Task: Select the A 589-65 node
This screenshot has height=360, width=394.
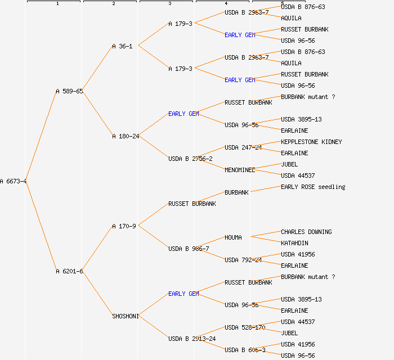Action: (69, 91)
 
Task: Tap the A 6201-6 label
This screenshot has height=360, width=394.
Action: (69, 271)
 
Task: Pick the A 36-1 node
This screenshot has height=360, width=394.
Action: (122, 46)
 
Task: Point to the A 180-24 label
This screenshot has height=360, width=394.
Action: (126, 136)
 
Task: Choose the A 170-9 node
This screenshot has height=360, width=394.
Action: (124, 226)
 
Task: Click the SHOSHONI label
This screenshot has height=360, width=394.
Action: (126, 316)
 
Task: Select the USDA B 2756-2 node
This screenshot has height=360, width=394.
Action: (190, 159)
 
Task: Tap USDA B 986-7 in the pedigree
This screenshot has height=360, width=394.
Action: (189, 249)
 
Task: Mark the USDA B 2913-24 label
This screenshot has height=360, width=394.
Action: (192, 339)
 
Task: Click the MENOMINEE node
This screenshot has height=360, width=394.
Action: (240, 170)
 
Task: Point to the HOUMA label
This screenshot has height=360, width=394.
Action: (233, 237)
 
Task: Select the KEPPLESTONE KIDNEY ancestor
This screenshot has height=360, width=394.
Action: (311, 142)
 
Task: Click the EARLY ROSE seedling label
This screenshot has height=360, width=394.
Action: (313, 187)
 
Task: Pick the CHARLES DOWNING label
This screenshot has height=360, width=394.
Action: (306, 232)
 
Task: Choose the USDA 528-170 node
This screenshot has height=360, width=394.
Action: (245, 327)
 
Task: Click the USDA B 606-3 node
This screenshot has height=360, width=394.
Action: (245, 350)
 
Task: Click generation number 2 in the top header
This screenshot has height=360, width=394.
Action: (113, 4)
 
